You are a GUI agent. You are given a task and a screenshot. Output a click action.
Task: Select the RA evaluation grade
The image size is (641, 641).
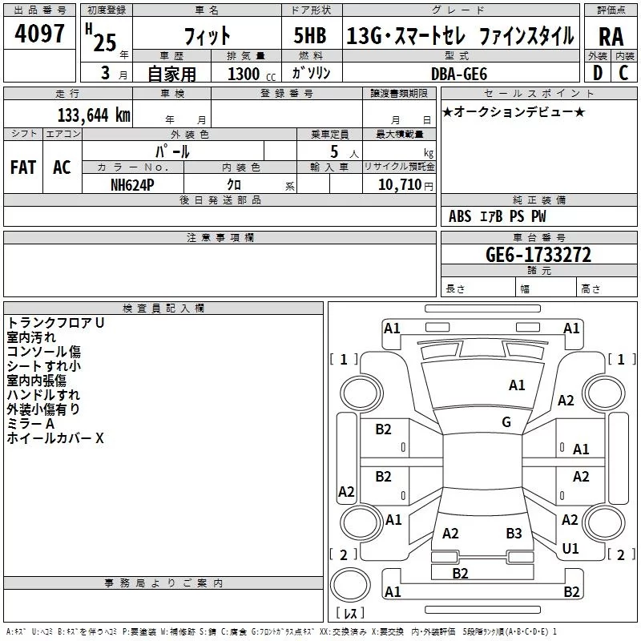tap(611, 37)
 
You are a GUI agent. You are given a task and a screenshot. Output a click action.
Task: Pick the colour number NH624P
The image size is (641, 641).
tap(133, 184)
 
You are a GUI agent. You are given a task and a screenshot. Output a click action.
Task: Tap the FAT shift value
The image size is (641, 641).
tap(22, 167)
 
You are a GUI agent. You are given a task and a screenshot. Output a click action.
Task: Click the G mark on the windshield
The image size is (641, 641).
tap(506, 422)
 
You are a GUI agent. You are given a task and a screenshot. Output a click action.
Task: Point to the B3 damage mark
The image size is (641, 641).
tap(514, 533)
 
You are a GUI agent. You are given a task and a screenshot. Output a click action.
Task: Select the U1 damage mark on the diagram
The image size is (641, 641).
tap(570, 549)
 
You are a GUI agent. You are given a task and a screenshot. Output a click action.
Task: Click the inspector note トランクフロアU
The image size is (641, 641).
tap(56, 322)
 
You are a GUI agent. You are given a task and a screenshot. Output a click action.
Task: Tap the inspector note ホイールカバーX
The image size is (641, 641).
tap(55, 438)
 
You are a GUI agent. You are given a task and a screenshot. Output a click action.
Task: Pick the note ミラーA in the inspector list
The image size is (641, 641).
tap(30, 424)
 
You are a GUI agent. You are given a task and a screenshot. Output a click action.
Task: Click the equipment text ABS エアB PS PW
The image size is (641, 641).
tap(497, 216)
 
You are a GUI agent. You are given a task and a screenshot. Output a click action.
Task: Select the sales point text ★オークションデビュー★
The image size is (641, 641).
tap(514, 111)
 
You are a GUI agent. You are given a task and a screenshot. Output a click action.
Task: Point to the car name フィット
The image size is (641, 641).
tap(207, 36)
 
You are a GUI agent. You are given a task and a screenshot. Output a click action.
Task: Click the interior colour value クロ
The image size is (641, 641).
tap(235, 184)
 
